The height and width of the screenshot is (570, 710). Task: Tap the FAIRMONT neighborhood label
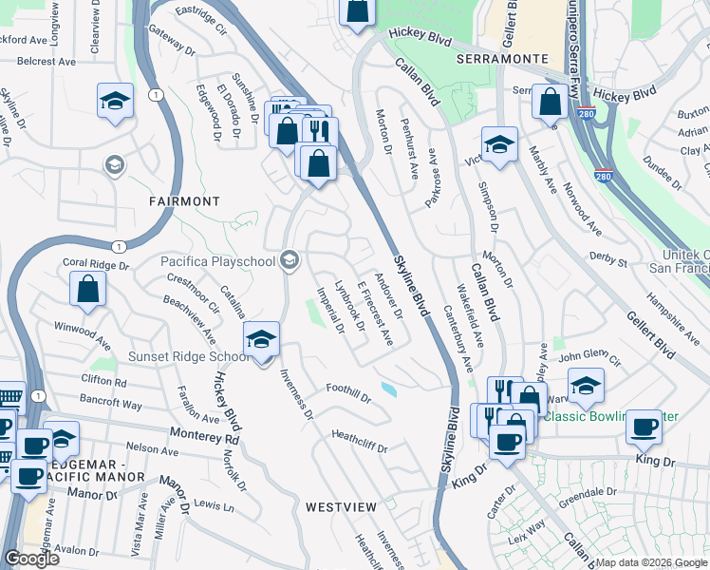pyautogui.click(x=184, y=202)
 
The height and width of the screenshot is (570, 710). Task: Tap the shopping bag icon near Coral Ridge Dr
pyautogui.click(x=87, y=291)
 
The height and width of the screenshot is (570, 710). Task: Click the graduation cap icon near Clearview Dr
pyautogui.click(x=115, y=101)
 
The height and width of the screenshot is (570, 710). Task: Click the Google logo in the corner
pyautogui.click(x=32, y=558)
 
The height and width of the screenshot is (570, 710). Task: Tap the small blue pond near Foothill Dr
pyautogui.click(x=389, y=389)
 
